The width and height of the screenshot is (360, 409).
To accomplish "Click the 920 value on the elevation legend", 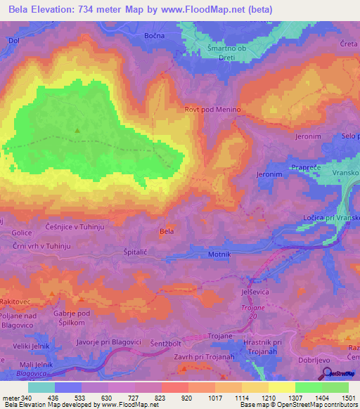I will [x=185, y=397].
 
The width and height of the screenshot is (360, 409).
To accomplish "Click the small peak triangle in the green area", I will [x=77, y=130].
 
